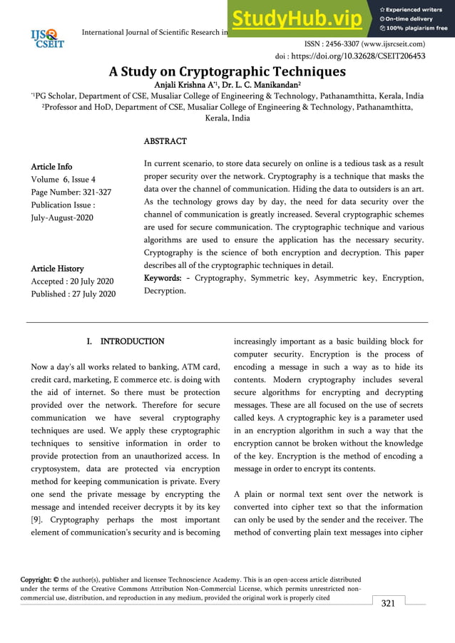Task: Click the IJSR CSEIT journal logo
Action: [48, 38]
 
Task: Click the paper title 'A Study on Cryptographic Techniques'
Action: [227, 71]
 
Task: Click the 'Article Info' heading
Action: [51, 167]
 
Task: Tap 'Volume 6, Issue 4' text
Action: [63, 180]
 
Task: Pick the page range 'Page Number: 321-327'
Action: [71, 192]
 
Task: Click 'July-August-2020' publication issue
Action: [62, 217]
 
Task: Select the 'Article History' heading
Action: [58, 268]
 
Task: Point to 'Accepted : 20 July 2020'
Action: [73, 281]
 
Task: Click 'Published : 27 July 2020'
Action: [73, 294]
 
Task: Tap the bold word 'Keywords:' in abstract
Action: [167, 277]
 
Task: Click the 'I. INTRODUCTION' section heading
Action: [126, 341]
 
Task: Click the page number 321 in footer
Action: [388, 604]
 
